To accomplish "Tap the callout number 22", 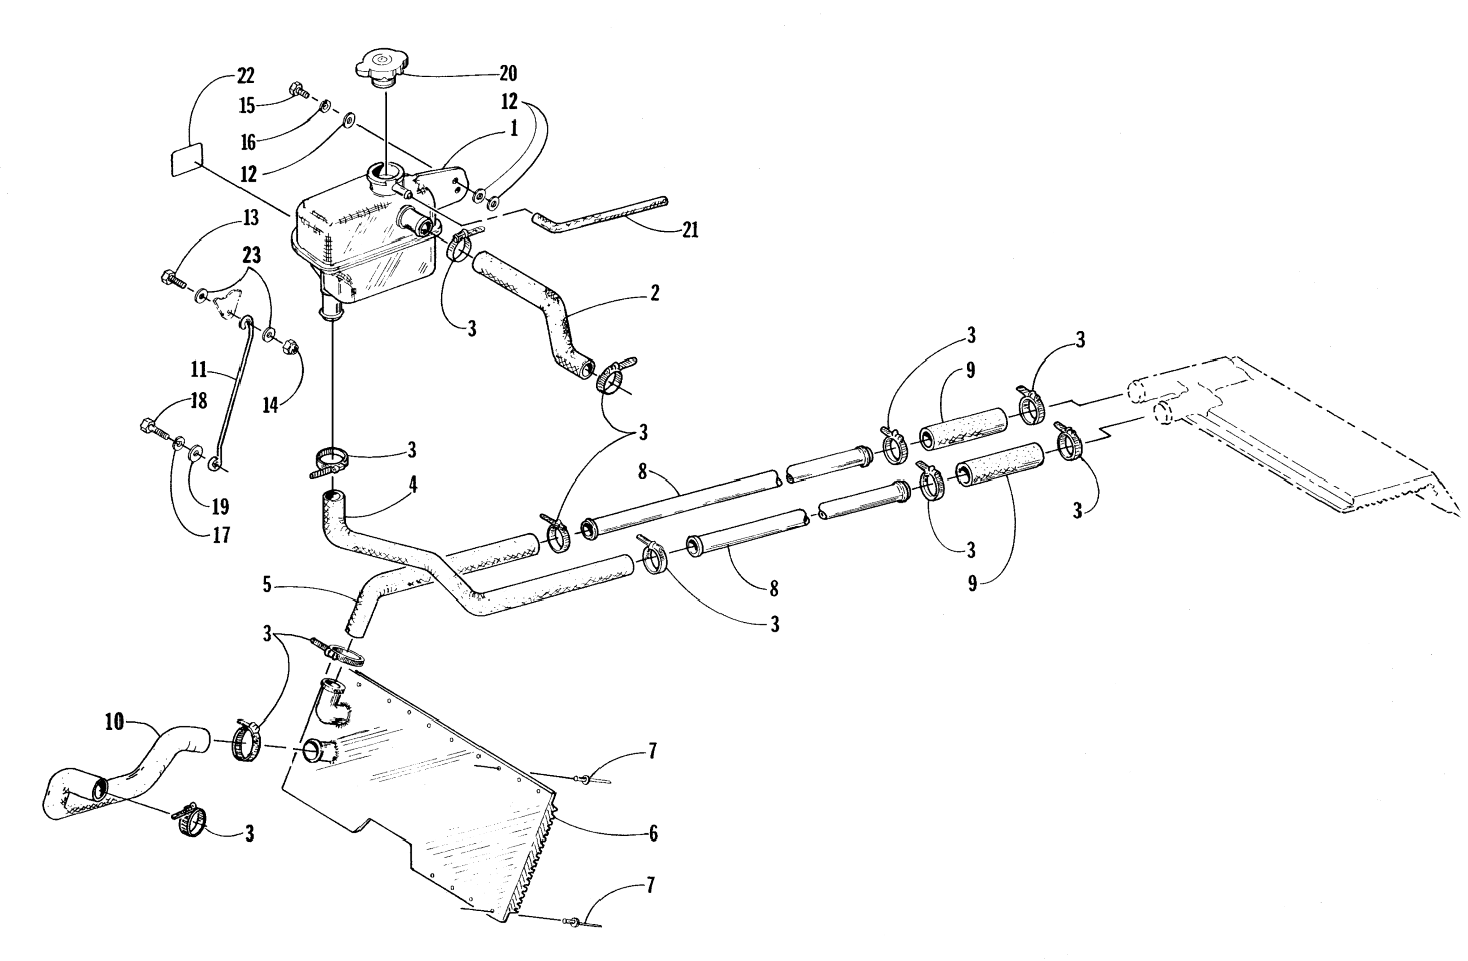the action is (245, 76).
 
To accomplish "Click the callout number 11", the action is (199, 370).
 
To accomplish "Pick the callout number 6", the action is (653, 833).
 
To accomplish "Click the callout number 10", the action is (114, 722).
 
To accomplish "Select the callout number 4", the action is (413, 485).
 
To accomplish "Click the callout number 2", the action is (654, 293).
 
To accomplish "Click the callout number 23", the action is (251, 255).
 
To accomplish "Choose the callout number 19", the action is (220, 506).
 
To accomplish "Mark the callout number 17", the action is (221, 535).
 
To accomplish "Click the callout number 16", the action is (248, 143).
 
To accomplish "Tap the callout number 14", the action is (270, 405).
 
